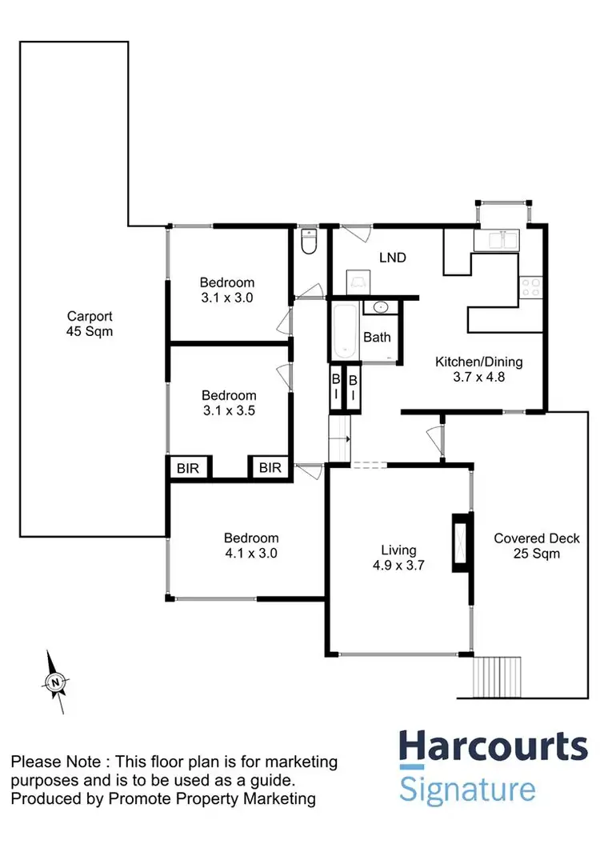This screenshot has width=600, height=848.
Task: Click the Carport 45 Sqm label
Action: (89, 322)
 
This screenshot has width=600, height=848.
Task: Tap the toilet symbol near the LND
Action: (310, 241)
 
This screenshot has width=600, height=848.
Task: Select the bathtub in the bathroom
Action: (345, 330)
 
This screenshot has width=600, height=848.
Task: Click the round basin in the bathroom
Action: (379, 306)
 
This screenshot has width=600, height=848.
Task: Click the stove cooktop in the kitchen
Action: (532, 286)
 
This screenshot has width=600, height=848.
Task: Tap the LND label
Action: (392, 258)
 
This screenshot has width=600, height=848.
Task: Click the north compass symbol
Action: (55, 682)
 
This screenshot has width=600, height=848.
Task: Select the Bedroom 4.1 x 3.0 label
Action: (251, 545)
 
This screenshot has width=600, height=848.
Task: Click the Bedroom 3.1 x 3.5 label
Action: (229, 402)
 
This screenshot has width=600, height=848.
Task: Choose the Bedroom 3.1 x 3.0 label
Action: (227, 290)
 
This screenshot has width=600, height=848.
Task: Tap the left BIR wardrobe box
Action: (189, 467)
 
